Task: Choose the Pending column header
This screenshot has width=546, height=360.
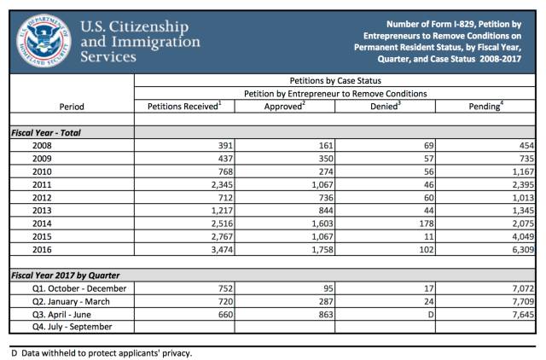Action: coord(486,106)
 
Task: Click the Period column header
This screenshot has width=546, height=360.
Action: coord(71,107)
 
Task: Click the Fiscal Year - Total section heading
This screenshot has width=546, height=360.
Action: coord(46,133)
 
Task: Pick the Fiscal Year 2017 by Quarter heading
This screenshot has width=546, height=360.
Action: coord(65,276)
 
